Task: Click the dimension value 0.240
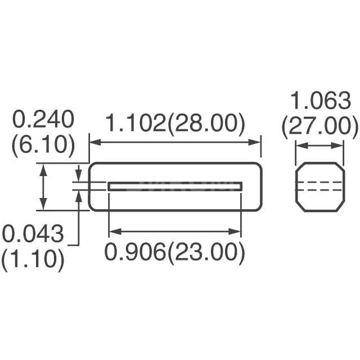43,120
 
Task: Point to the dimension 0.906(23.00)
175,253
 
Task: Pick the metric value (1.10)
33,259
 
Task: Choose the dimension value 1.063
320,102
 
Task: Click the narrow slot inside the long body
175,186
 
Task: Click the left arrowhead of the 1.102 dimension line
93,142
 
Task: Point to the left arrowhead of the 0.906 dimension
112,230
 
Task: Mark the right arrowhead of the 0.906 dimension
238,230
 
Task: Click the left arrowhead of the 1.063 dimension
300,146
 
